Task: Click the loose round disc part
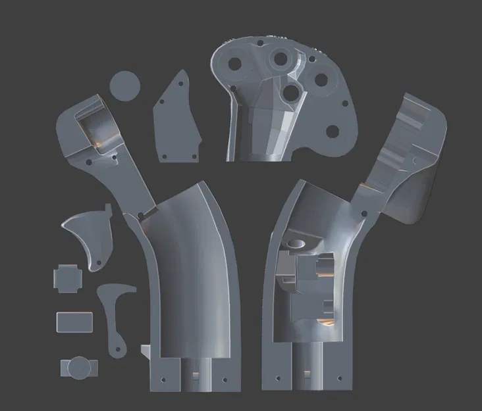pos(124,85)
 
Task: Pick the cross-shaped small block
pos(68,279)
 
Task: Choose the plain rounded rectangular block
pos(74,322)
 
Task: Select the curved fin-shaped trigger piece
pos(89,237)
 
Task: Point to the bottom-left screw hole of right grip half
pos(277,379)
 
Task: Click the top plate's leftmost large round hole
pos(233,64)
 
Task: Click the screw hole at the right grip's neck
pos(361,212)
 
